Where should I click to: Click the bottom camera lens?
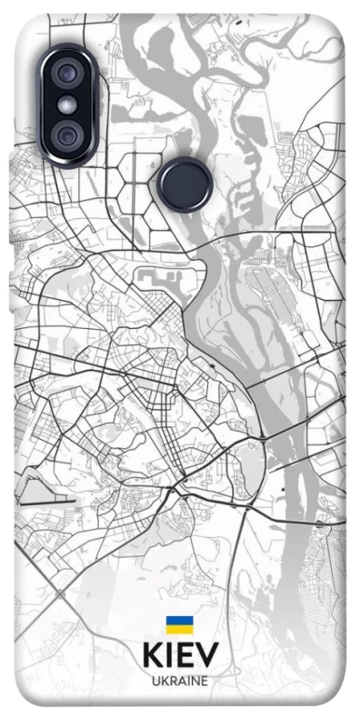click(67, 135)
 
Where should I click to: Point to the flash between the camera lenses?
click(67, 105)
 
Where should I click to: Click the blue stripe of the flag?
click(179, 620)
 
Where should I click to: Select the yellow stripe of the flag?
click(179, 629)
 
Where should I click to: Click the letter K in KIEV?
click(151, 655)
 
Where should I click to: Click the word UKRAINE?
click(179, 680)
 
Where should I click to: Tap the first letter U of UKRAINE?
click(155, 680)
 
